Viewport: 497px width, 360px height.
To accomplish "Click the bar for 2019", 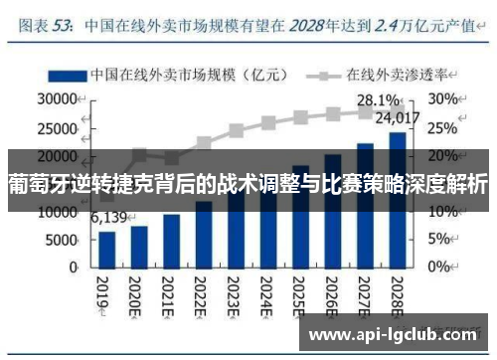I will [x=107, y=249].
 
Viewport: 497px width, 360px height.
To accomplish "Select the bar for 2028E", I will [x=397, y=200].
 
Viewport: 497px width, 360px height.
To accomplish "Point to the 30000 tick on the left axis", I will [x=57, y=99].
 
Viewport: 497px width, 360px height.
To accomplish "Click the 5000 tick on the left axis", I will [x=62, y=240].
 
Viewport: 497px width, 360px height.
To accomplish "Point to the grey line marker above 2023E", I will [x=236, y=130].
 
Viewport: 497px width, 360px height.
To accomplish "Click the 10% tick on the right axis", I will [x=442, y=212].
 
